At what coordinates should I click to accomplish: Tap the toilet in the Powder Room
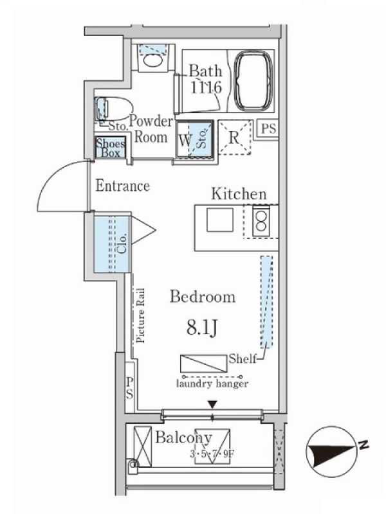tap(114, 108)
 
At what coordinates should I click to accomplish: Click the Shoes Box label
tap(110, 148)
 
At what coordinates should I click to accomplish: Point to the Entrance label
tap(123, 186)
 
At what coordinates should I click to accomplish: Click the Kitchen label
tap(239, 194)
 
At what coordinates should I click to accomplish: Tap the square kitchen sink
tap(220, 220)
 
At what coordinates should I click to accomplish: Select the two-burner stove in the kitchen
tap(261, 221)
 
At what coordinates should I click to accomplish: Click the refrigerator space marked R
tap(234, 137)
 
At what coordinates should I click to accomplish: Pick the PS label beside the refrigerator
tap(268, 128)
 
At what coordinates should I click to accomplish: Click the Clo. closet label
tap(122, 244)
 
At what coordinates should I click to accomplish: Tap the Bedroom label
tap(203, 297)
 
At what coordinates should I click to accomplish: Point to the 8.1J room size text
tap(202, 327)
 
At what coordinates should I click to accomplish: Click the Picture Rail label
tap(140, 315)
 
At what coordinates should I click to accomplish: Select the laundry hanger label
tap(212, 384)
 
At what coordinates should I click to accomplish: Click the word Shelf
tap(243, 359)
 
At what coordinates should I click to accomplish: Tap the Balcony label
tap(183, 438)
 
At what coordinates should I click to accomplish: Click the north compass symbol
tap(331, 452)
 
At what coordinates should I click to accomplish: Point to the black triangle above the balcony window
tap(213, 405)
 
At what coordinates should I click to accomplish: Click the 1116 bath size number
tap(206, 87)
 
